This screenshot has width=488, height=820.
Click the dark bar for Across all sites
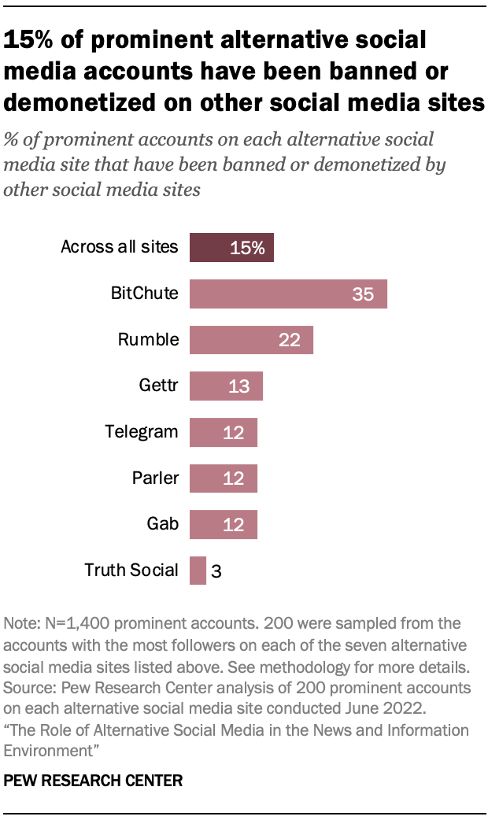(231, 248)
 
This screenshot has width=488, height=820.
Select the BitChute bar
(288, 294)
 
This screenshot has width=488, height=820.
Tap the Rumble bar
(251, 340)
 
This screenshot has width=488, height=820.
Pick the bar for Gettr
(226, 386)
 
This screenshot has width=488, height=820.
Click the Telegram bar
(224, 432)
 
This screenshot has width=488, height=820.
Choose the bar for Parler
(224, 478)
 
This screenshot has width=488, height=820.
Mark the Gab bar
(224, 524)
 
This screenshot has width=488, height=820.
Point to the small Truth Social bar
(198, 571)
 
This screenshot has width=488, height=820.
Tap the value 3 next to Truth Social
(216, 571)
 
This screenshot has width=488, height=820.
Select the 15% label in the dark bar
(247, 249)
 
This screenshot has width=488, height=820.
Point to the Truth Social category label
(131, 570)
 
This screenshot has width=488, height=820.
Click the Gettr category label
(157, 386)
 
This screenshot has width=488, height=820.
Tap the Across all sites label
(120, 248)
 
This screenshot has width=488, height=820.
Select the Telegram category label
(142, 432)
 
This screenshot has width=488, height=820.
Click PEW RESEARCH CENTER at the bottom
(94, 781)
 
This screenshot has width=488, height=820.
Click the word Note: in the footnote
(24, 623)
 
